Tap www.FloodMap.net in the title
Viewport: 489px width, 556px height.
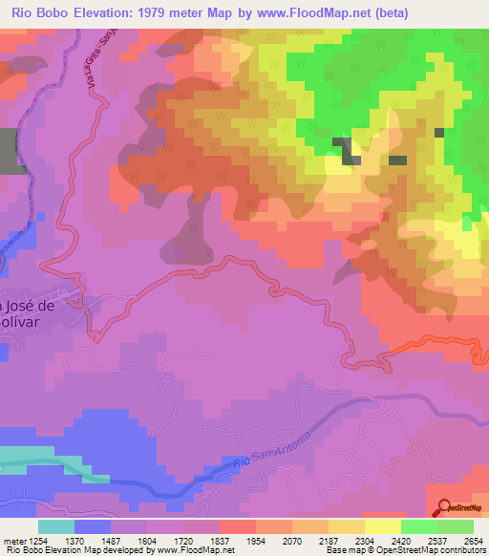(x=312, y=13)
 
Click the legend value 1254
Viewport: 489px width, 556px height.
(x=38, y=542)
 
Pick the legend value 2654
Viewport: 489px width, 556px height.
(x=475, y=542)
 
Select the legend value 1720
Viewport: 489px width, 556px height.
(x=184, y=542)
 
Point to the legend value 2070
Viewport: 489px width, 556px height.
(x=293, y=542)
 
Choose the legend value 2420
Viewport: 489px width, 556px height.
(x=402, y=542)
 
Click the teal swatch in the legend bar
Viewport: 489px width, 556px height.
(x=56, y=526)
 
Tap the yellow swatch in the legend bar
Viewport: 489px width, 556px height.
(x=383, y=526)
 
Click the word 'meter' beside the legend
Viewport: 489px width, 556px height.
(x=14, y=542)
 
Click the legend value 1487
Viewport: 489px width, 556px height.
(x=112, y=542)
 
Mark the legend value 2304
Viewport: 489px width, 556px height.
(x=366, y=542)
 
